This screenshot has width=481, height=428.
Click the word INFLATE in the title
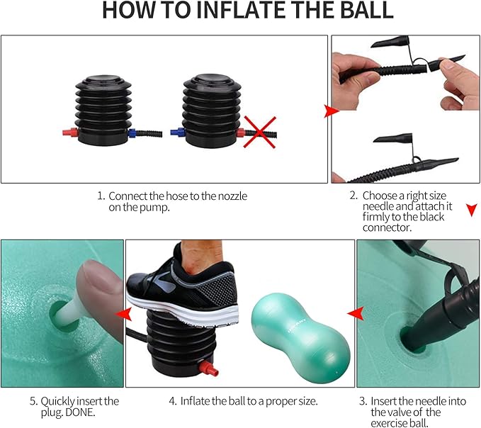coord(220,12)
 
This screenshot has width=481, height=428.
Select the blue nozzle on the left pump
coord(132,131)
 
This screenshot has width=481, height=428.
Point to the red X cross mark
coord(259,132)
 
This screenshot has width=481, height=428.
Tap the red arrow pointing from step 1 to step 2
coord(329,111)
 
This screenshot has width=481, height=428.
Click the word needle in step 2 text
coord(383,206)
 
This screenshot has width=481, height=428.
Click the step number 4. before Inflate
coord(173,401)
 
